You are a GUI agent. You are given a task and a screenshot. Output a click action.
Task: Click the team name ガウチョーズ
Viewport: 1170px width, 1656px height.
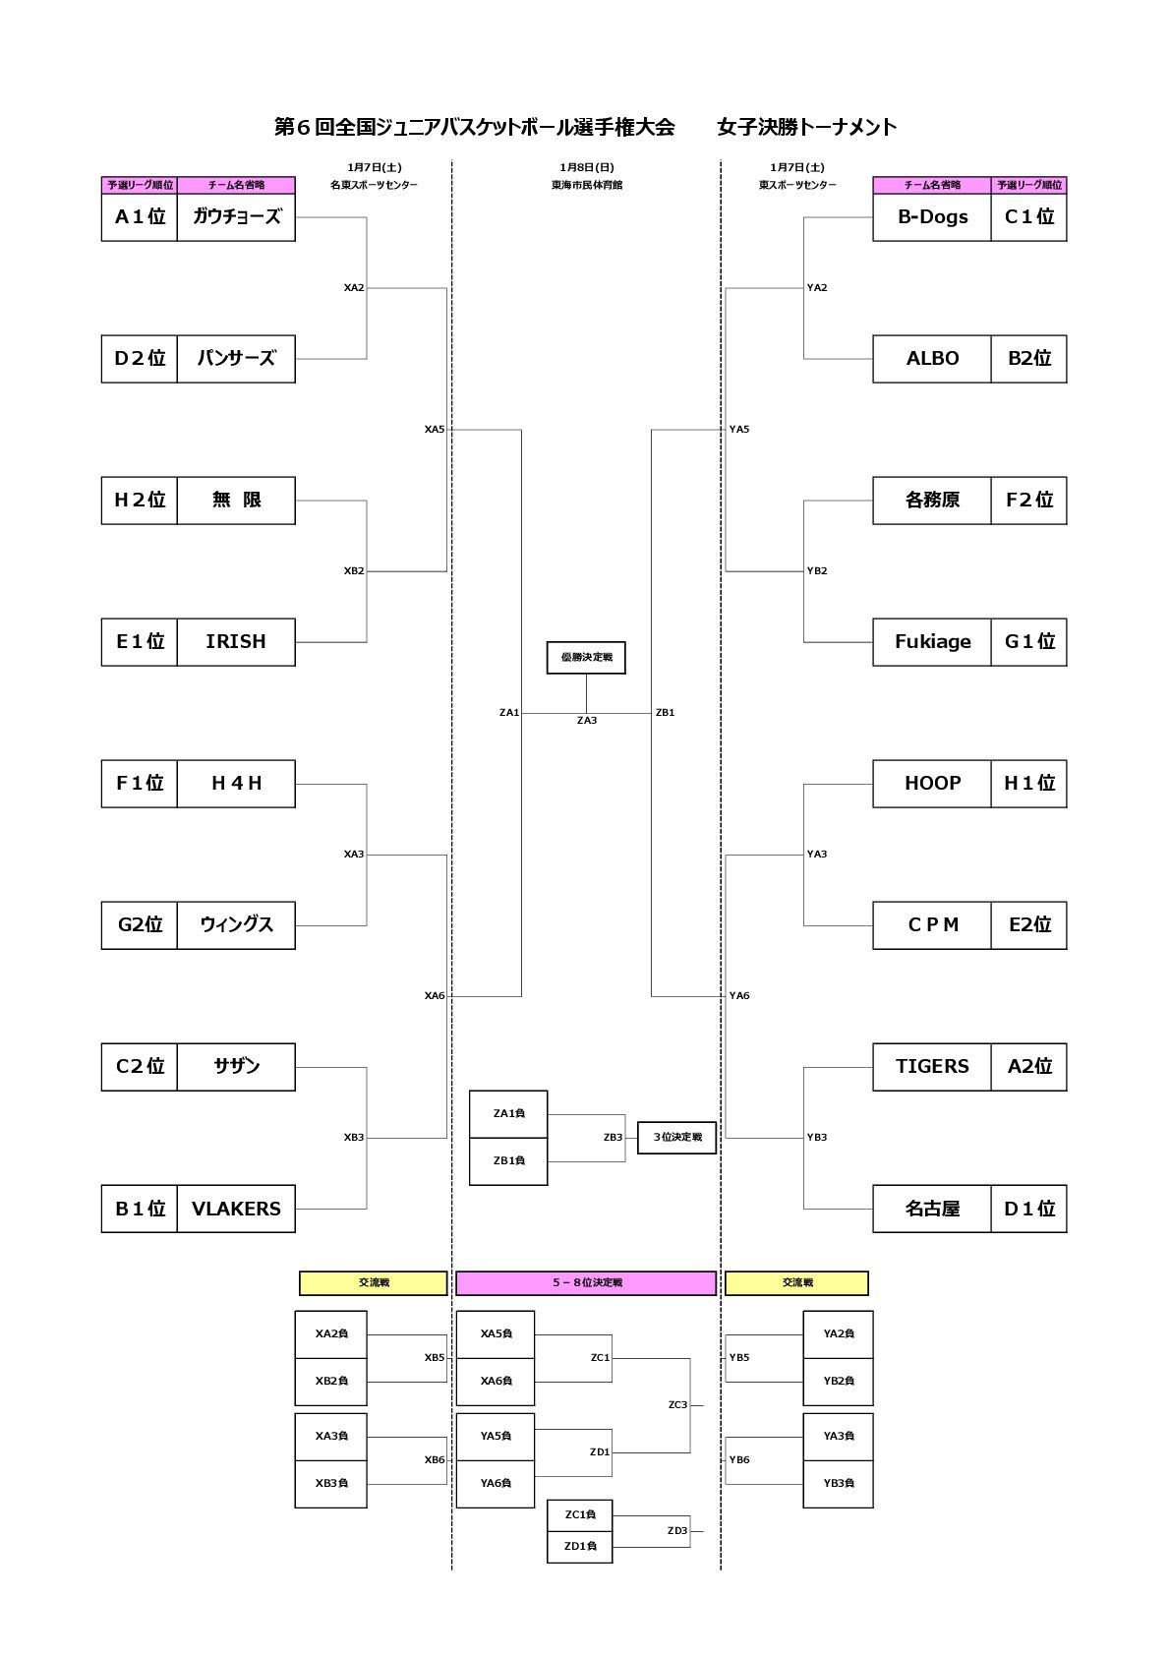(236, 217)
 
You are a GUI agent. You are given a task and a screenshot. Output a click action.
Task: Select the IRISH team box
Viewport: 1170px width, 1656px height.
(236, 642)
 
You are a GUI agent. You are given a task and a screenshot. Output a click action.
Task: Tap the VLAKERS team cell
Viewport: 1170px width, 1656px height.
(236, 1209)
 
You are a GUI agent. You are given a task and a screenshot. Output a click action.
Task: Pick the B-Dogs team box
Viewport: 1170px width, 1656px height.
(932, 217)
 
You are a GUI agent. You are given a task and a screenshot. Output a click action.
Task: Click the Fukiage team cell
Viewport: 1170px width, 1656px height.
(932, 642)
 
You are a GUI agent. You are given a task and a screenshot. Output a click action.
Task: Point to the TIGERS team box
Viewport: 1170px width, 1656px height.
(932, 1067)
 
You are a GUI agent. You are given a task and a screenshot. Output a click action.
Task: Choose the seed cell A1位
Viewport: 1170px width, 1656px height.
(140, 217)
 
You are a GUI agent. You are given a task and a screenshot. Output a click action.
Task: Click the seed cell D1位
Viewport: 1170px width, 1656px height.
(1028, 1209)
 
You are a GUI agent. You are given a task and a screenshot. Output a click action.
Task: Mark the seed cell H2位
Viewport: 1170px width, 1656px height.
(140, 501)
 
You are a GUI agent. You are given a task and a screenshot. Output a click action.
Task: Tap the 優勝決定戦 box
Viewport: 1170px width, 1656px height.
(586, 658)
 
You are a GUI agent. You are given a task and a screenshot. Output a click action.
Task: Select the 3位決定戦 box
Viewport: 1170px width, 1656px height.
(676, 1138)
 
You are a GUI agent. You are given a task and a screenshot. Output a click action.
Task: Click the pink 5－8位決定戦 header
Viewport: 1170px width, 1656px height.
(586, 1283)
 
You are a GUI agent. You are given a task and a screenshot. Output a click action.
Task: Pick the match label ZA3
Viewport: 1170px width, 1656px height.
(587, 721)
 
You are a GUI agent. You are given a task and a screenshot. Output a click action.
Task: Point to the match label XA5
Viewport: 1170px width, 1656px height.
(435, 430)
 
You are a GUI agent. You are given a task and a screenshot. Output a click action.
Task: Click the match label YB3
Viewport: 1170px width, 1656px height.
(817, 1138)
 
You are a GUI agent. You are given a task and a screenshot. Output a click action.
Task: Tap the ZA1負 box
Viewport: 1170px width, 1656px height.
(508, 1114)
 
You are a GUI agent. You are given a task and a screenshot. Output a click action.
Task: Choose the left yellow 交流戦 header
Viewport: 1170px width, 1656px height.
(373, 1283)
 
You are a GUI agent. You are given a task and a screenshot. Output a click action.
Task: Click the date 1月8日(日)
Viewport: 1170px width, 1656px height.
(587, 167)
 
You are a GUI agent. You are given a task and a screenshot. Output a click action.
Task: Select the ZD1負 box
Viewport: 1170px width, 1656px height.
(580, 1547)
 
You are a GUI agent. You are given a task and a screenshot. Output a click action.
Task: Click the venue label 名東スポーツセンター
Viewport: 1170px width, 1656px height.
(374, 185)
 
